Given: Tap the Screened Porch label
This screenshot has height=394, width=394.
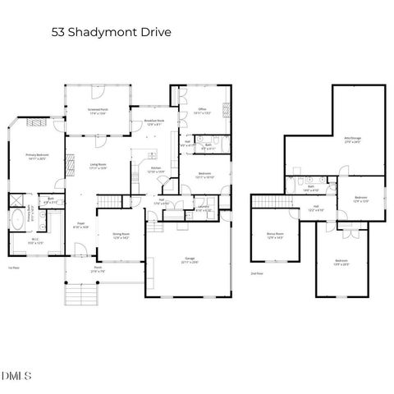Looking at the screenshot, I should pos(98,111).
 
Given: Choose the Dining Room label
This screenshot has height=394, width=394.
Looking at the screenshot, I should pos(121,236).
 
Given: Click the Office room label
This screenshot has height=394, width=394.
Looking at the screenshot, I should pos(201,110).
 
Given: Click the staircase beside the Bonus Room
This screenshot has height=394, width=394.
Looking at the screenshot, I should pos(266,201).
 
